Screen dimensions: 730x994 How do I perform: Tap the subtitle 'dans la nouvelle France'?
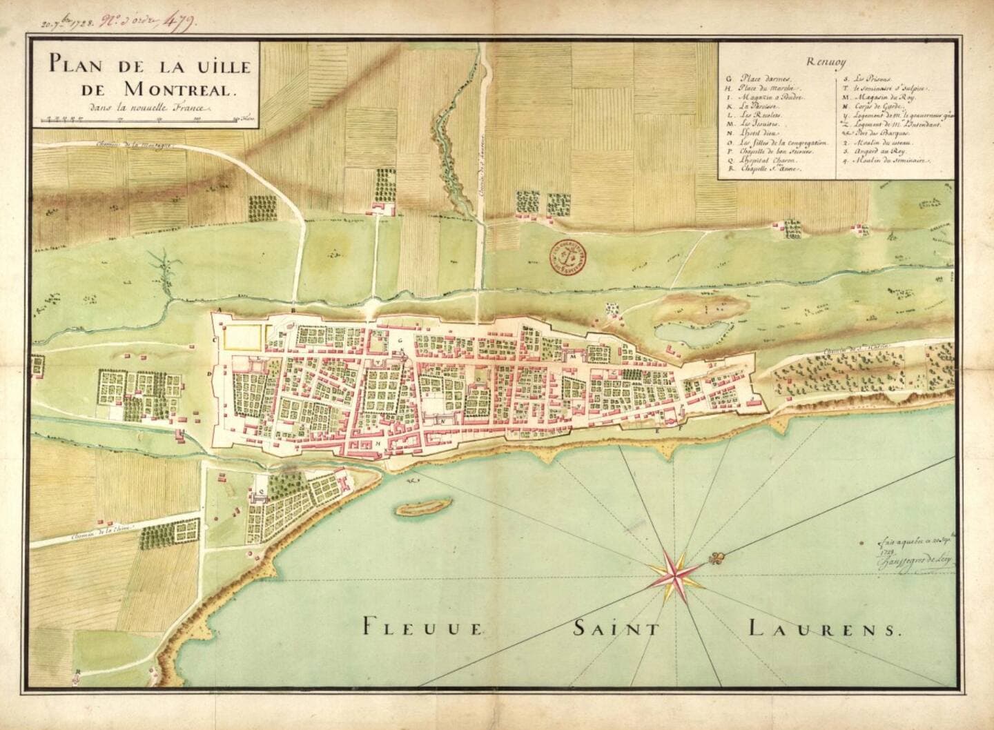click(x=148, y=108)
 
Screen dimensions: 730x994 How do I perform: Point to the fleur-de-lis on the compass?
click(x=721, y=557)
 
